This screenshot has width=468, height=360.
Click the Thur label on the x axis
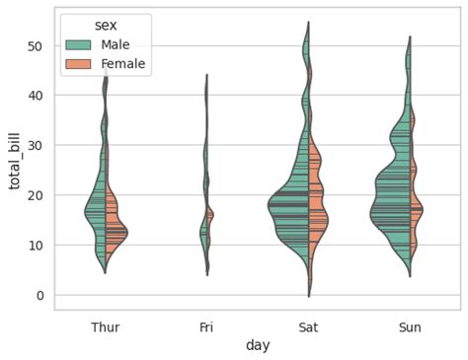(x=106, y=325)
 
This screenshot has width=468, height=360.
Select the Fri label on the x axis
(x=207, y=325)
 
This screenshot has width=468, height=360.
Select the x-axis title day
(x=258, y=345)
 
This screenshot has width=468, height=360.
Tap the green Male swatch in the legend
(x=80, y=44)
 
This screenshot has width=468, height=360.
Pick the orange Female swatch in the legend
(x=80, y=64)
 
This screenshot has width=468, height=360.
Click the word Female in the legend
(x=123, y=64)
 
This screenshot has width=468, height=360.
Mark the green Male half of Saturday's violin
(x=292, y=207)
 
